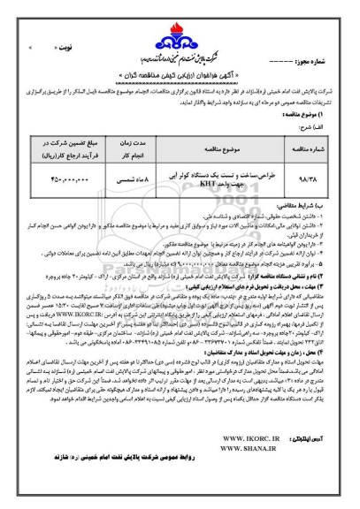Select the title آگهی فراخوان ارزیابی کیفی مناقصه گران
coord(180,66)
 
